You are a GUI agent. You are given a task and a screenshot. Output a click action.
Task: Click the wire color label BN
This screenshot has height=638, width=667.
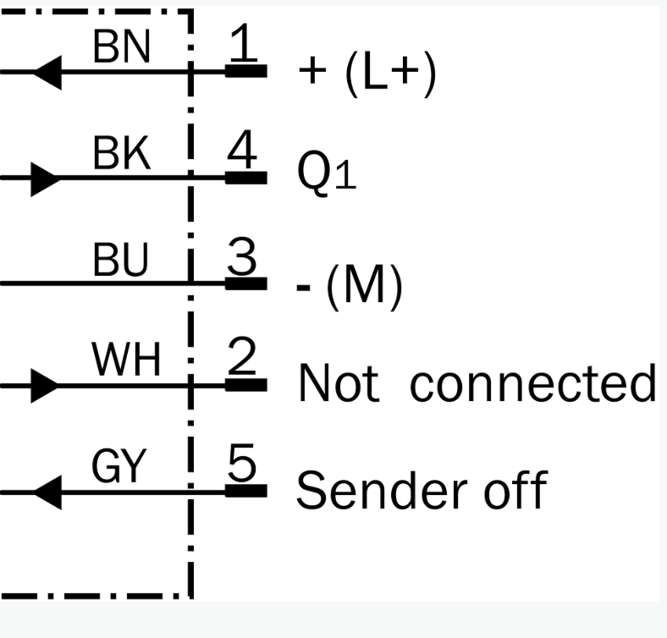[122, 47]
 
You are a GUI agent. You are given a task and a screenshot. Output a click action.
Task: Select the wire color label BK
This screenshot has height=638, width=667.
[122, 152]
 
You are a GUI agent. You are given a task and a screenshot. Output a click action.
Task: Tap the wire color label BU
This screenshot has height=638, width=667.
[120, 259]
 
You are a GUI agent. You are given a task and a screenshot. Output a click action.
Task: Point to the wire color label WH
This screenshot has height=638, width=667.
[126, 360]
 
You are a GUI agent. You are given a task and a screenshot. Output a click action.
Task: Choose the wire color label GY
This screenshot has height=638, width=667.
[119, 466]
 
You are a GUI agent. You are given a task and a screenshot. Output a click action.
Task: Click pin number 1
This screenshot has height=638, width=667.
[243, 41]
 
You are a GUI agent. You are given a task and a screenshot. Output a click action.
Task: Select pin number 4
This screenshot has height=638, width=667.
[242, 149]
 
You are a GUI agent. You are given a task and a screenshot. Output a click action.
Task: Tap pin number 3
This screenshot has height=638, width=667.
[242, 256]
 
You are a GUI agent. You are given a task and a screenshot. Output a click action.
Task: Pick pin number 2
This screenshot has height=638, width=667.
[242, 356]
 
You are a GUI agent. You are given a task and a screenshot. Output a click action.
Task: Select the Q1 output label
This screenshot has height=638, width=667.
[327, 173]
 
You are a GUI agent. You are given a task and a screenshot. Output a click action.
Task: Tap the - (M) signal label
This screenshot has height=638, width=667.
[350, 287]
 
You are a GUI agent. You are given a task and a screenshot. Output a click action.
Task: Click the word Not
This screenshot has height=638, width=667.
[339, 382]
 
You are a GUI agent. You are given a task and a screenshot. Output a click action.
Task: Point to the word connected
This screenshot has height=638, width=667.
[533, 382]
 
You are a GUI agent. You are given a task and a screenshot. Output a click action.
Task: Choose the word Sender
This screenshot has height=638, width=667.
[382, 490]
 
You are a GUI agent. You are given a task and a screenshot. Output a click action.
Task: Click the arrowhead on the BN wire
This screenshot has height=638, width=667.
[47, 72]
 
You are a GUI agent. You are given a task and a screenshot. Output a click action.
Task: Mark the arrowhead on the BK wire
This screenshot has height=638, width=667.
[46, 179]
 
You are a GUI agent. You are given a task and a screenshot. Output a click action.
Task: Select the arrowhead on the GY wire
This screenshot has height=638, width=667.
[47, 492]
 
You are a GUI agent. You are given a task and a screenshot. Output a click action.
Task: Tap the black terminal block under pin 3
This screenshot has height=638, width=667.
[245, 283]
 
